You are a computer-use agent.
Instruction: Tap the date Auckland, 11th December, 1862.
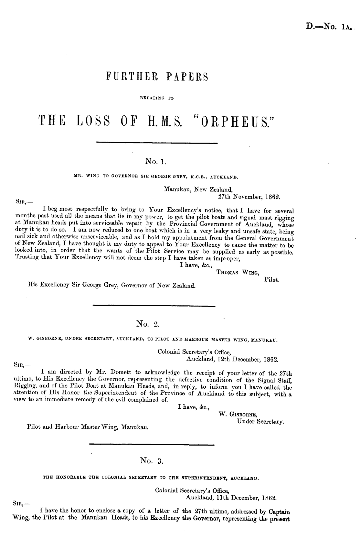point(231,497)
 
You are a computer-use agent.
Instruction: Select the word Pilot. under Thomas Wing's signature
point(272,279)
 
